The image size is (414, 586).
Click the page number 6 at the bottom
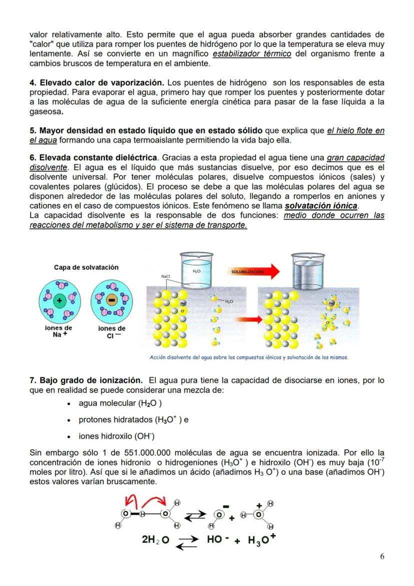click(381, 556)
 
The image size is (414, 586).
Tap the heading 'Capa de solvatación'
click(86, 267)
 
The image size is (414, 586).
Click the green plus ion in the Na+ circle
click(60, 301)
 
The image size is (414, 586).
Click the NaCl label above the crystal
click(166, 276)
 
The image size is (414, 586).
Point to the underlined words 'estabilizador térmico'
click(252, 54)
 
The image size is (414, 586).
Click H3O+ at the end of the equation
click(260, 540)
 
